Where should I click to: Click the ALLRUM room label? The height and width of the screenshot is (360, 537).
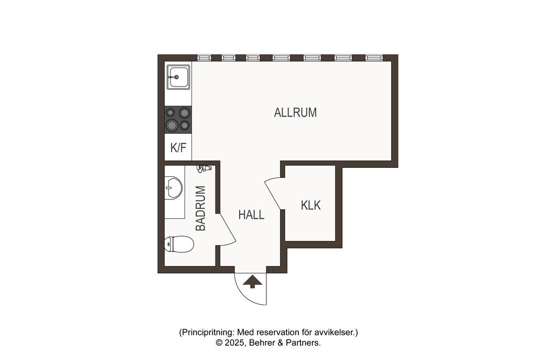(295, 112)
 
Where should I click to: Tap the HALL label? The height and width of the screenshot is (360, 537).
(251, 215)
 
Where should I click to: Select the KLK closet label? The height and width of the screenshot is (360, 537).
(310, 205)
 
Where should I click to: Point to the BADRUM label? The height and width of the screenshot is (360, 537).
(201, 208)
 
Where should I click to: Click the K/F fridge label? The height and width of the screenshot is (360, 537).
(178, 148)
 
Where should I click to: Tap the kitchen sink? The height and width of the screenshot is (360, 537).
(178, 77)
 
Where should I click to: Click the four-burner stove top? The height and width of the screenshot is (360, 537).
(178, 119)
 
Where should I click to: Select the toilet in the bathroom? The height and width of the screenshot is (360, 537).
(179, 244)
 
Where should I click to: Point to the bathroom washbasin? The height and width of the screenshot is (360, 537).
(173, 187)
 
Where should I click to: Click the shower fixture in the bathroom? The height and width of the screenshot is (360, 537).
(203, 168)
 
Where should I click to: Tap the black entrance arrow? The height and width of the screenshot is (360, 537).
(253, 281)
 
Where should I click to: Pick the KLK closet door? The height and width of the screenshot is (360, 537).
(273, 194)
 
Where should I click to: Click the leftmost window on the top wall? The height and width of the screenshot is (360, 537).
(204, 58)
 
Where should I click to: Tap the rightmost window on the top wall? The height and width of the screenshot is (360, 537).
(374, 58)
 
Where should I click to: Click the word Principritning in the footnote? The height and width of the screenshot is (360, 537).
(208, 333)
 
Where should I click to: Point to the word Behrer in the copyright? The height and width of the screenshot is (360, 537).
(262, 343)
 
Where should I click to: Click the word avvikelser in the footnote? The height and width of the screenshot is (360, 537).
(338, 332)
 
